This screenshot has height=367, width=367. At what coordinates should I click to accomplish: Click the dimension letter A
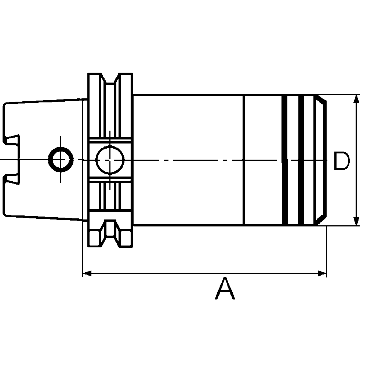[225, 289]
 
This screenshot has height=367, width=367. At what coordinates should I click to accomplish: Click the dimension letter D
[341, 161]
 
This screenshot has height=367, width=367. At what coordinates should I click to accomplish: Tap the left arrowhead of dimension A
[87, 273]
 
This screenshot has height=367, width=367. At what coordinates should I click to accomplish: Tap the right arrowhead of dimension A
[322, 273]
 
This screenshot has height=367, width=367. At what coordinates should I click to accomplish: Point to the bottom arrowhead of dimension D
[356, 221]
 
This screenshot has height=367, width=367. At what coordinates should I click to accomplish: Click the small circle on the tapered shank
[61, 160]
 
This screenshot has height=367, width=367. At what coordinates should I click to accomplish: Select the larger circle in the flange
[110, 160]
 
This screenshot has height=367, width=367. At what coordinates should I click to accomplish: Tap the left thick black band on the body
[284, 160]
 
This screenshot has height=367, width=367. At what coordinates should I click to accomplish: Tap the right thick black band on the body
[301, 160]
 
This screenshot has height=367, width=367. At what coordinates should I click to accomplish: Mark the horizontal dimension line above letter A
[202, 273]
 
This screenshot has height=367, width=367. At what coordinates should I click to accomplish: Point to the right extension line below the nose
[326, 253]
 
